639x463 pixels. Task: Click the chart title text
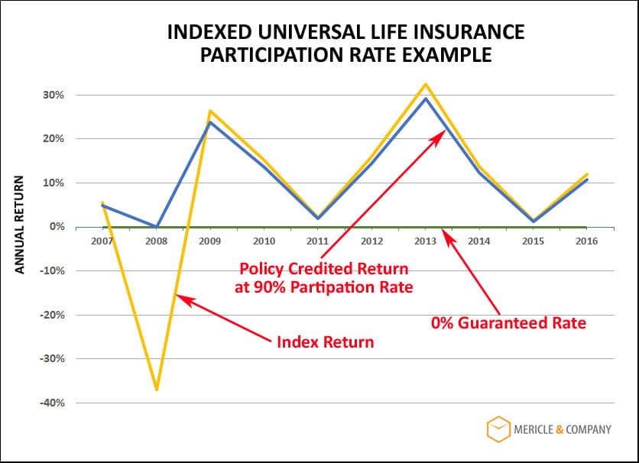[x=345, y=44]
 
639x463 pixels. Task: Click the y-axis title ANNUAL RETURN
[x=21, y=225]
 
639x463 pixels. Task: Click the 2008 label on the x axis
[x=157, y=241]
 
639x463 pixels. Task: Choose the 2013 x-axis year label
[x=425, y=241]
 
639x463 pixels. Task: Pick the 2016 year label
[x=585, y=241]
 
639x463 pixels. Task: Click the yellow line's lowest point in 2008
[x=157, y=390]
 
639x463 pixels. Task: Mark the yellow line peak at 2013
[x=425, y=84]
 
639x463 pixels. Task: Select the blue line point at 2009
[x=210, y=122]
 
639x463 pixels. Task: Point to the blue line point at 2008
[x=157, y=227]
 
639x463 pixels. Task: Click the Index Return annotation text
[x=325, y=342]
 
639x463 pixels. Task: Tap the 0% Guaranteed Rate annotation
[x=508, y=323]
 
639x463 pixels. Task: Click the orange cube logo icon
[x=498, y=429]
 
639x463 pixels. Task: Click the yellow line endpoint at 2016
[x=585, y=174]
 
